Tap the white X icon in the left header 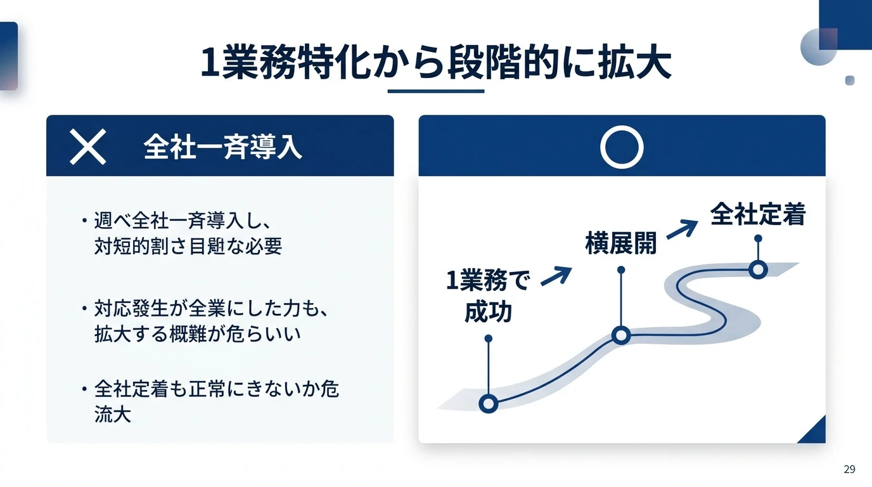87,146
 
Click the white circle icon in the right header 622,146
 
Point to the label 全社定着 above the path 757,215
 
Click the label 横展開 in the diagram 620,243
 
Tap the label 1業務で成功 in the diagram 488,295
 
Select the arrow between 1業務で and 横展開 556,276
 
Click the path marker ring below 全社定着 758,269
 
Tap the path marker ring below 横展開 621,335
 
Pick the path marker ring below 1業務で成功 488,403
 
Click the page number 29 849,469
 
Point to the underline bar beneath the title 435,91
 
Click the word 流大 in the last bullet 113,415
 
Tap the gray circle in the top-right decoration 819,47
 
